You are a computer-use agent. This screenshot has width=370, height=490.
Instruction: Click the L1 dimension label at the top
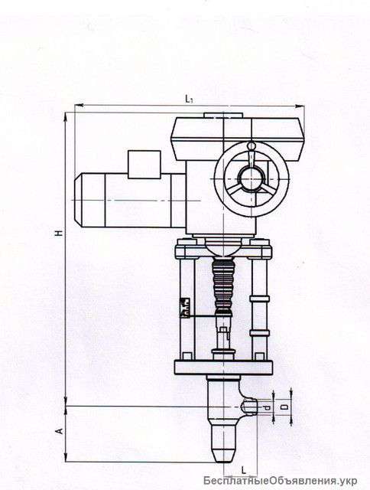(x=190, y=99)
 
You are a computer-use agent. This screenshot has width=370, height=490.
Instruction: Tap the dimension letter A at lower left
(x=59, y=433)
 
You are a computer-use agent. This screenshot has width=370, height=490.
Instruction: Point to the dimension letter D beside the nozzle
(x=284, y=410)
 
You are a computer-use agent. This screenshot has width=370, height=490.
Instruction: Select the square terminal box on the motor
(x=143, y=164)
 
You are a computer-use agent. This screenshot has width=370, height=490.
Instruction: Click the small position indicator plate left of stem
(x=183, y=306)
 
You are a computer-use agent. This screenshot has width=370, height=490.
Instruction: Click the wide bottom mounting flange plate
(x=222, y=367)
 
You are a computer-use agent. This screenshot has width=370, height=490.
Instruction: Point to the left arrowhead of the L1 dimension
(x=76, y=106)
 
